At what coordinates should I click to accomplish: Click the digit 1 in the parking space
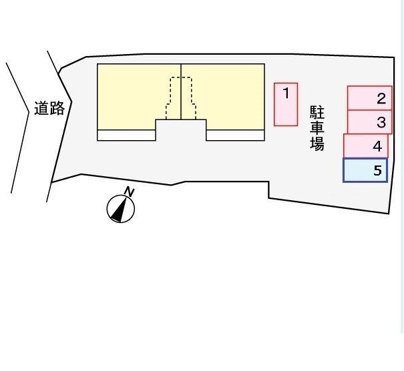(x=286, y=93)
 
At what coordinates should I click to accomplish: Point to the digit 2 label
(x=381, y=99)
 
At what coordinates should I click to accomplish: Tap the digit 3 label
(x=381, y=122)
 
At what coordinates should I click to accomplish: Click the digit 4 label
(x=377, y=146)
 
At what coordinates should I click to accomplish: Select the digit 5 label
(x=377, y=170)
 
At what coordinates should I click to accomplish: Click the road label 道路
(x=49, y=108)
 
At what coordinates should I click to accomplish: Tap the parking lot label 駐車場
(x=317, y=128)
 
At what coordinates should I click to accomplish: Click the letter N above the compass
(x=129, y=192)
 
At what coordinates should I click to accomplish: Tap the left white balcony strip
(x=126, y=135)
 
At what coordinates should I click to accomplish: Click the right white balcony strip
(x=235, y=135)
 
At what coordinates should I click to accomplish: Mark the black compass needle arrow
(x=120, y=210)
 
